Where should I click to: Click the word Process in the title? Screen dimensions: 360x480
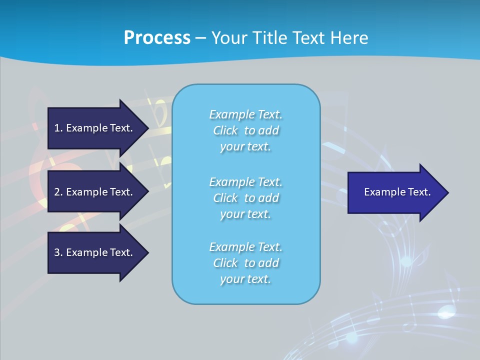click(157, 38)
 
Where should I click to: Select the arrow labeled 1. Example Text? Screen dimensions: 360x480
click(95, 128)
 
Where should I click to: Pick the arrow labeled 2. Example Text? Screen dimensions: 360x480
click(95, 192)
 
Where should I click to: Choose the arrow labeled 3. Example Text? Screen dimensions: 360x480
click(95, 252)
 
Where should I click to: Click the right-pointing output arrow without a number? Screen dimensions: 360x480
click(395, 192)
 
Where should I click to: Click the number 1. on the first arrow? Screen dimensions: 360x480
click(58, 128)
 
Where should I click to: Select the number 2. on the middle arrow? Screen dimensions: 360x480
click(58, 192)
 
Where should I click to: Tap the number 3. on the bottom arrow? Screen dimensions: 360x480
click(58, 252)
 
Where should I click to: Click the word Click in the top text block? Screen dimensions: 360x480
click(225, 130)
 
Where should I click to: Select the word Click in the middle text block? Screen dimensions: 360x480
click(225, 198)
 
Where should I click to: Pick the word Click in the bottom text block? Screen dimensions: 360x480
click(225, 263)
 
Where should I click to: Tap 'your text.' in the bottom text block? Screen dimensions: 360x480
click(245, 279)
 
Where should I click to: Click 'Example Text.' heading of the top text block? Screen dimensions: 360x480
click(245, 114)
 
